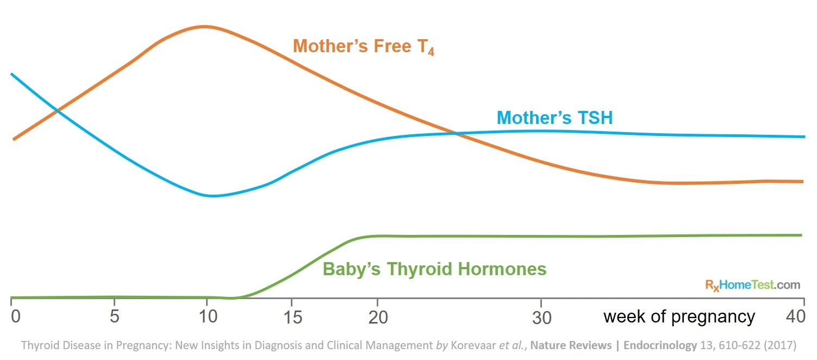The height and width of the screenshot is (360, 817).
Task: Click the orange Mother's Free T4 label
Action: click(x=363, y=47)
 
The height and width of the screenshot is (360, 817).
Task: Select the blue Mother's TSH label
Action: click(x=554, y=117)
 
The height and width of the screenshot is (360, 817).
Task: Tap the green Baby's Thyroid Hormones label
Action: click(x=434, y=269)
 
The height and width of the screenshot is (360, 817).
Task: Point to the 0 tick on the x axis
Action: click(x=15, y=316)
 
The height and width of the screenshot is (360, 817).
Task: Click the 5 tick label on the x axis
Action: click(x=114, y=316)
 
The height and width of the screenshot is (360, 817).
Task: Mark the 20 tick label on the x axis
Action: click(x=378, y=317)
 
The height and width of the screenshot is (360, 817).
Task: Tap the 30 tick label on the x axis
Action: click(x=541, y=318)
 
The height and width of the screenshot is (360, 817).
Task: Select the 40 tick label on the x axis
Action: click(x=796, y=316)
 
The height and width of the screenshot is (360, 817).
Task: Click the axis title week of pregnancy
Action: click(x=679, y=316)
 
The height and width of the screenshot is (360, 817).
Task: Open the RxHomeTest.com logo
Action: click(x=752, y=284)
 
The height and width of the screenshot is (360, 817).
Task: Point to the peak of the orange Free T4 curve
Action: click(x=204, y=26)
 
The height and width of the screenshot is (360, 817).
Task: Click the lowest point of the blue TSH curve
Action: click(x=212, y=196)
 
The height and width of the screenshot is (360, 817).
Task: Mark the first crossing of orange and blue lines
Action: click(x=57, y=111)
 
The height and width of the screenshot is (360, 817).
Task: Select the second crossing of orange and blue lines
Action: click(x=456, y=133)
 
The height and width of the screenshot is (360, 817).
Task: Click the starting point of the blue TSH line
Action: click(x=12, y=74)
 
